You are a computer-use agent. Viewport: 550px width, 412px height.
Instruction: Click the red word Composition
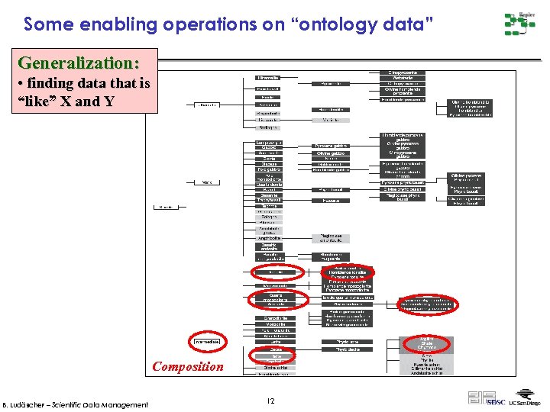coord(188,366)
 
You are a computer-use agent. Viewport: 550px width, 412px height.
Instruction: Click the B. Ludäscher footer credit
coord(75,404)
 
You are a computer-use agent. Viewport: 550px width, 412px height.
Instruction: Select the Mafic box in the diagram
coord(207,182)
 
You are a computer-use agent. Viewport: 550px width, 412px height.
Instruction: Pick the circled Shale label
coord(426,343)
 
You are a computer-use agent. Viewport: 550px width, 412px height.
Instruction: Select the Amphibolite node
coord(268,237)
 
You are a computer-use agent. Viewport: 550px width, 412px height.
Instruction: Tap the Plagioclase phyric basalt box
coord(402,197)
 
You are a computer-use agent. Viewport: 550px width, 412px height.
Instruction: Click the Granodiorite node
coord(275,318)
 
